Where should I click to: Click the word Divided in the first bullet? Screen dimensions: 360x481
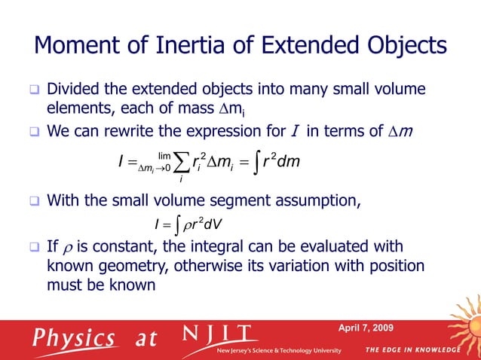click(x=73, y=90)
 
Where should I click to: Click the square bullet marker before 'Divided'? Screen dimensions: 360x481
click(x=33, y=91)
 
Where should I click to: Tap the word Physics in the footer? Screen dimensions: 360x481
click(x=73, y=337)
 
